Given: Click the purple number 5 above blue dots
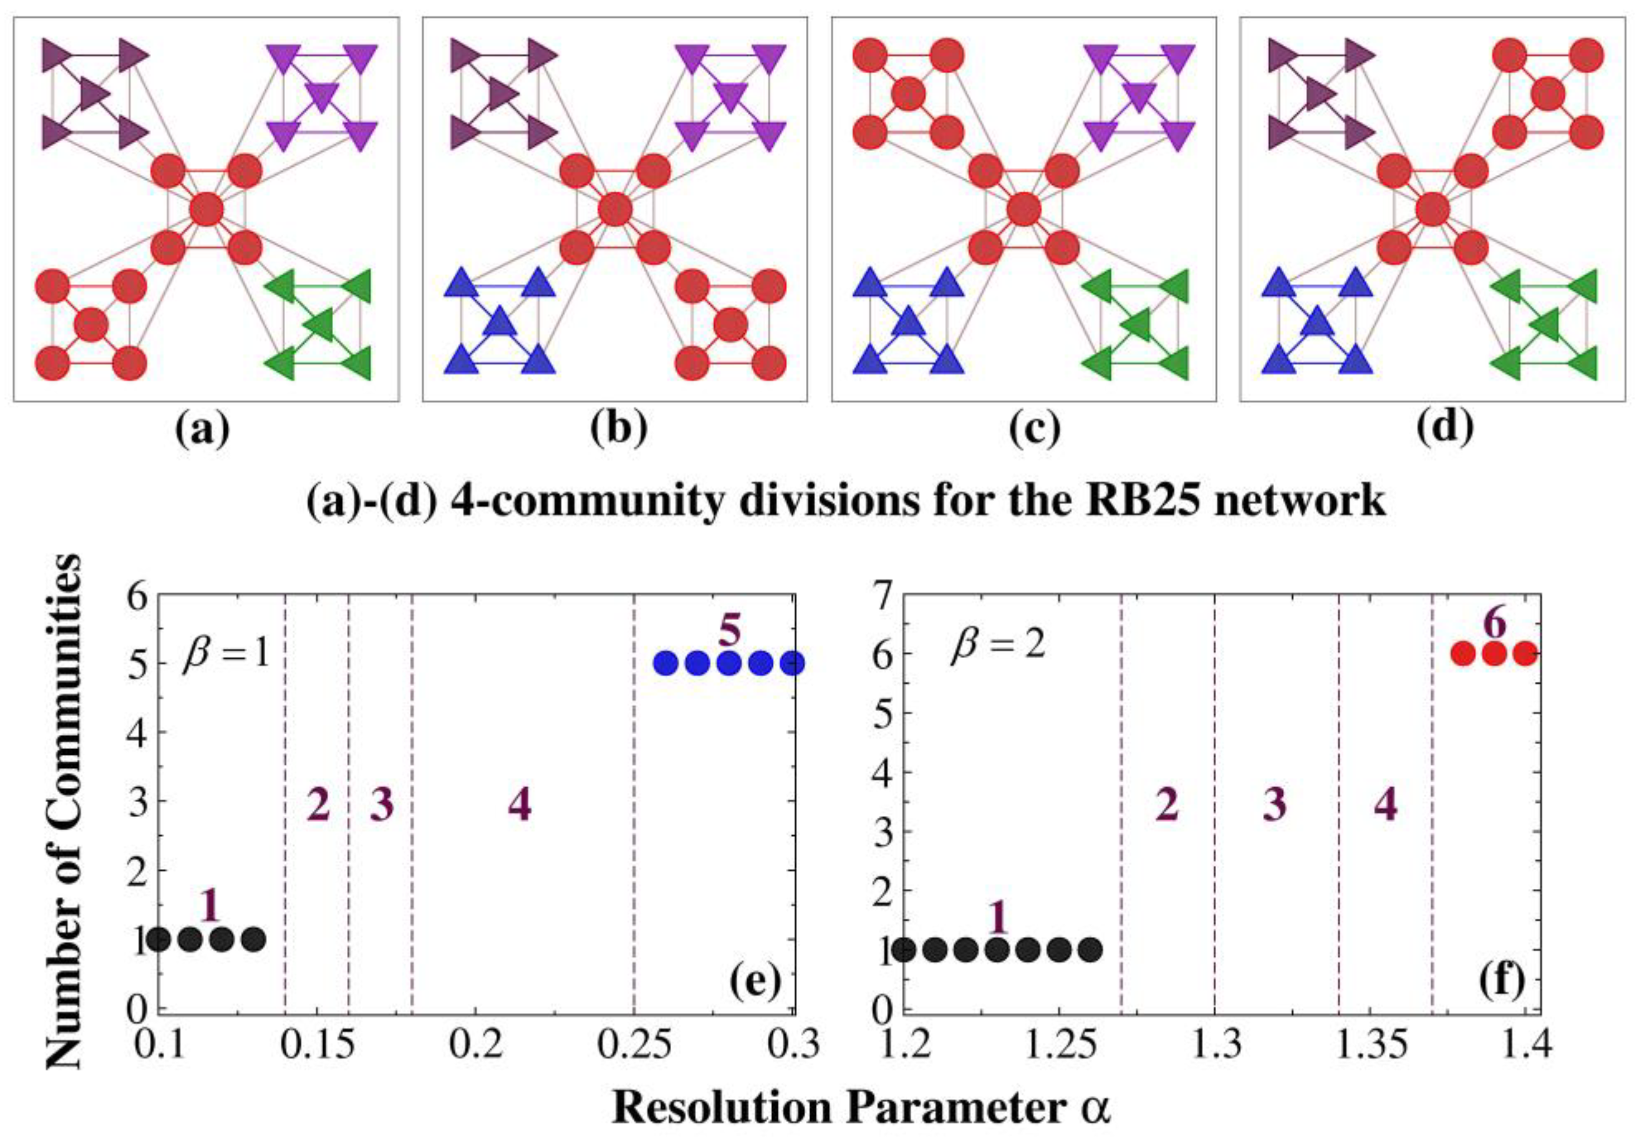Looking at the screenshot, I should click(x=728, y=631).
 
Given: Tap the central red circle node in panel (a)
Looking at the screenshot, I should click(x=207, y=210).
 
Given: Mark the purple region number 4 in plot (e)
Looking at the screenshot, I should click(x=520, y=807).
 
